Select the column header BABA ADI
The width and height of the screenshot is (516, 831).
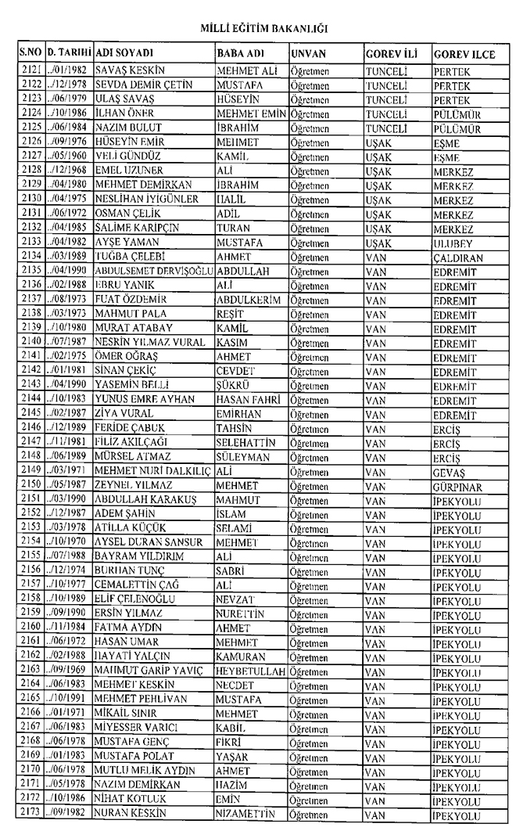(x=238, y=55)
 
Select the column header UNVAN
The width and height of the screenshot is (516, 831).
(x=307, y=55)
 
